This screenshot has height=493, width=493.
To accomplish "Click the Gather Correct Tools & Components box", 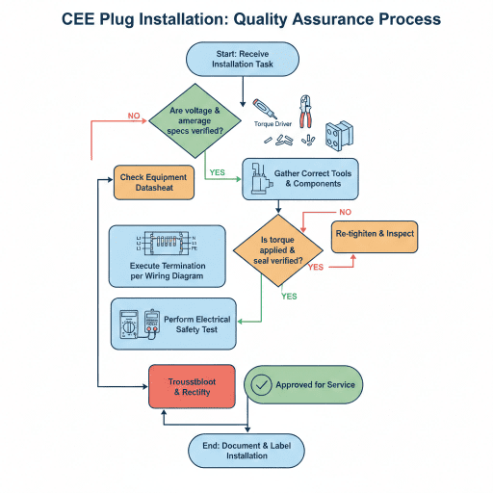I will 299,178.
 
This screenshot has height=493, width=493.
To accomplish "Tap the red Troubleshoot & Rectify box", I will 192,387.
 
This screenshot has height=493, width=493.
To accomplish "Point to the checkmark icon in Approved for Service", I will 260,384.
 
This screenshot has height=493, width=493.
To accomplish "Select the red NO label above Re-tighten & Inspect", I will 345,211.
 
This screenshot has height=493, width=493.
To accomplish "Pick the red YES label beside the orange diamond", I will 315,267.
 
